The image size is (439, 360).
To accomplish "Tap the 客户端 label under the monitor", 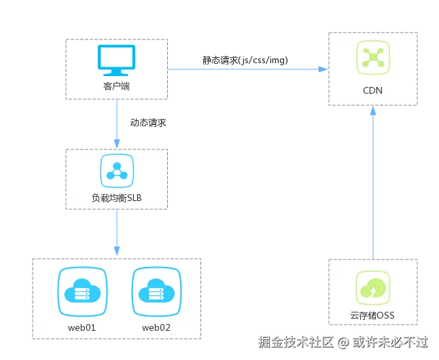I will pos(117,86).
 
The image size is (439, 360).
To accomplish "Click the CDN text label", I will pos(372,90).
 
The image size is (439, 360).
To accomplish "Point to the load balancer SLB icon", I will pos(116,170).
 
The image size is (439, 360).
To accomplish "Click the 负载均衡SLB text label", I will pos(116,198).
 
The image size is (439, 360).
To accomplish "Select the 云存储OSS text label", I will pos(372,316).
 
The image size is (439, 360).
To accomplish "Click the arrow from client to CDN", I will pos(248,69).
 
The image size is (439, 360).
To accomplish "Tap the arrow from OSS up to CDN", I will pos(372,183).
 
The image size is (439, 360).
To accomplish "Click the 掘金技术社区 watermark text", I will pos(296,341).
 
